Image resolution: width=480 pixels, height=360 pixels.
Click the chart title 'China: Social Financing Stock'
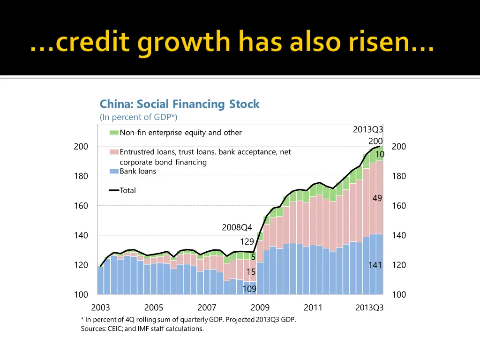click(x=179, y=104)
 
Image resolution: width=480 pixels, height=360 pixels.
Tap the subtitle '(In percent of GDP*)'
click(x=138, y=117)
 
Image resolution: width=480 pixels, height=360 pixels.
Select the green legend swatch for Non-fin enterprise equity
click(x=114, y=133)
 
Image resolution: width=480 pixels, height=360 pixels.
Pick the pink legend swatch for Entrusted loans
click(x=114, y=152)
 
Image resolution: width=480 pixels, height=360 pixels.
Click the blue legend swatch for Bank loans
click(x=114, y=171)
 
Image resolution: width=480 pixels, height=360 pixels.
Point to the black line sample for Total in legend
click(x=114, y=190)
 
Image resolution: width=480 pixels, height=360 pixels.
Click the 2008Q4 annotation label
click(x=237, y=228)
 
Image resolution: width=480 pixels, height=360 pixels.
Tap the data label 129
click(x=247, y=242)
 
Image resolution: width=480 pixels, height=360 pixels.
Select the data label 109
click(x=249, y=289)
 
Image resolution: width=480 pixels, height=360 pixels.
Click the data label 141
click(x=375, y=265)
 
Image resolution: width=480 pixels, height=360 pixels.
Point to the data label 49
click(x=377, y=198)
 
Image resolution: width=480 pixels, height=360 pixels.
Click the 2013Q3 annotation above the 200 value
click(x=368, y=130)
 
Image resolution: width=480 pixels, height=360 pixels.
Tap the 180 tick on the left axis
click(x=81, y=176)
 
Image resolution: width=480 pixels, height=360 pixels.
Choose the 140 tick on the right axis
click(x=398, y=235)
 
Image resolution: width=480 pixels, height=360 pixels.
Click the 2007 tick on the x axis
click(x=207, y=307)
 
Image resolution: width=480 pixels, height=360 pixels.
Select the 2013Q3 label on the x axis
click(x=369, y=308)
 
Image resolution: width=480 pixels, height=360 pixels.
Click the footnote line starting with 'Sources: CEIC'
click(x=142, y=329)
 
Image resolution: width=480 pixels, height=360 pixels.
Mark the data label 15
click(x=251, y=272)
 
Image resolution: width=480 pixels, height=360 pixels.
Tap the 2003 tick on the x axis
click(x=100, y=307)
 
